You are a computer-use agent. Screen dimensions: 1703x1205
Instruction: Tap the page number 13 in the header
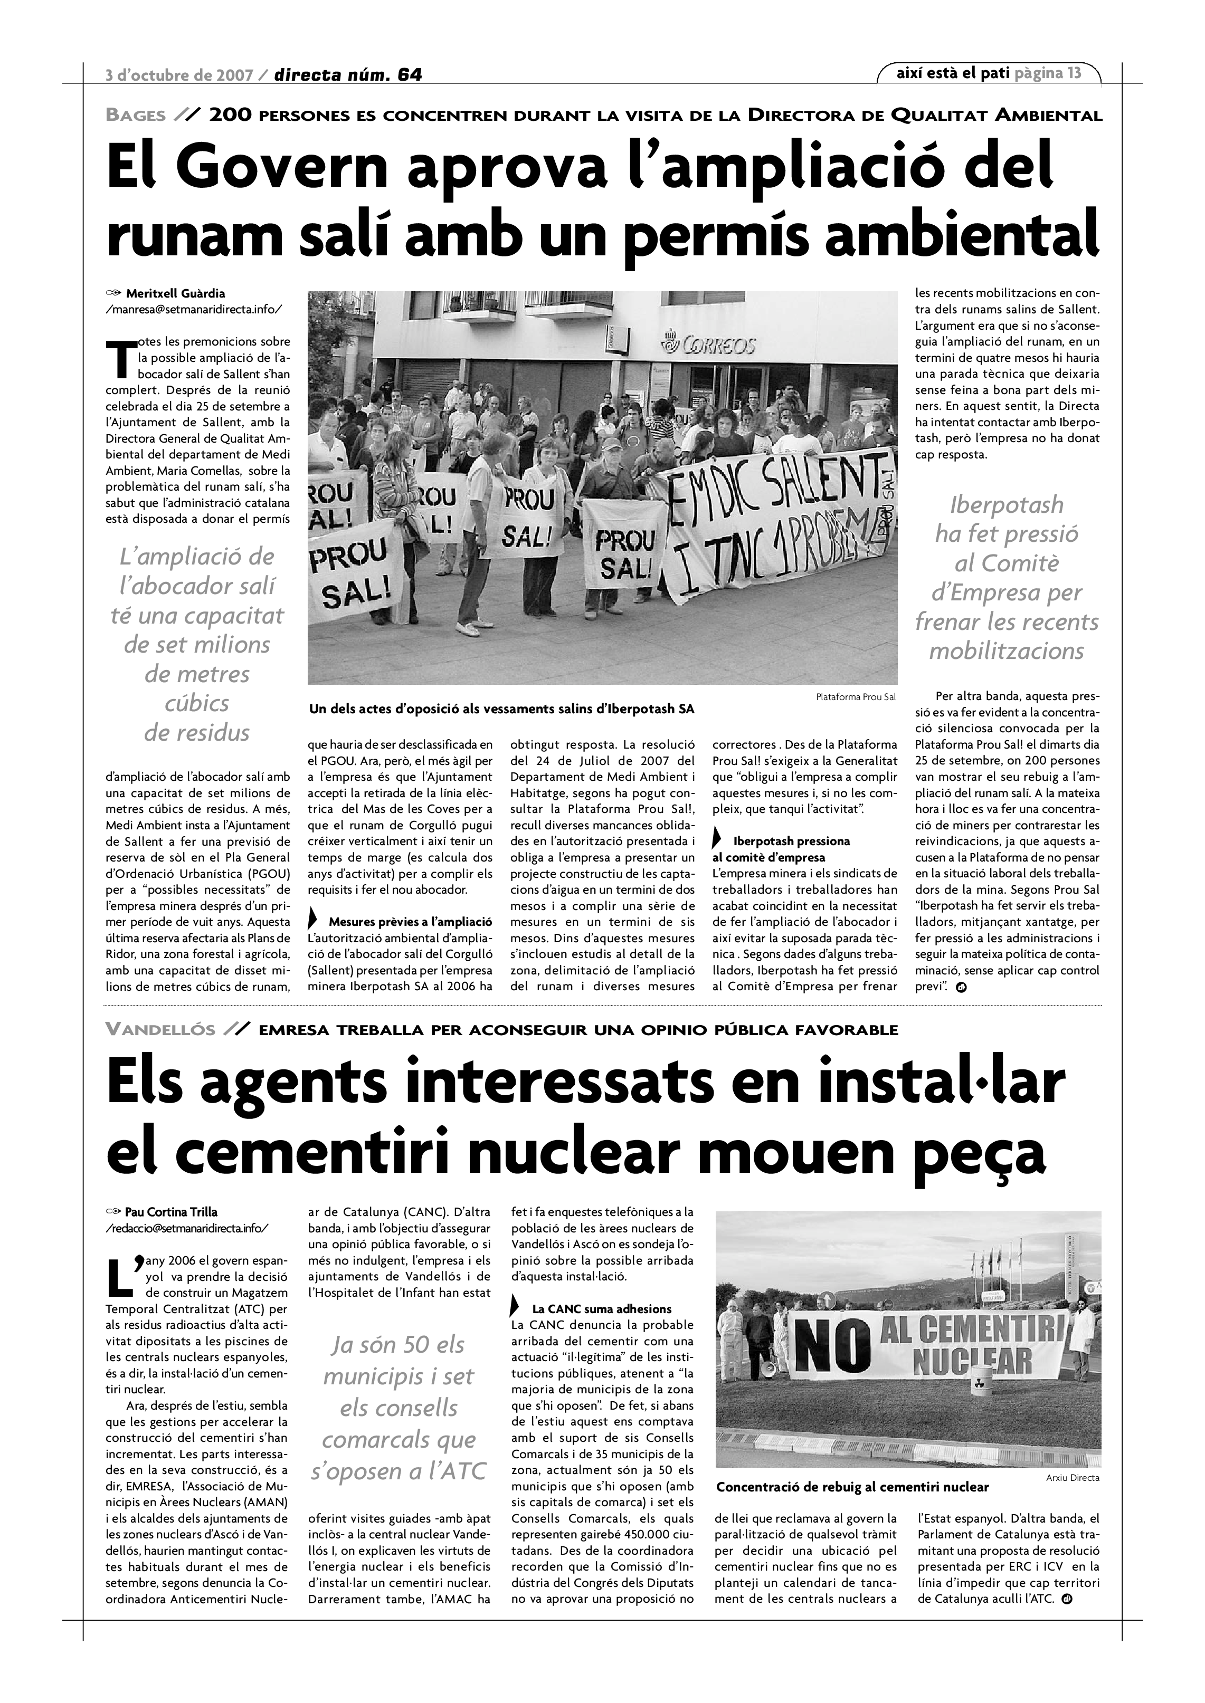(1074, 73)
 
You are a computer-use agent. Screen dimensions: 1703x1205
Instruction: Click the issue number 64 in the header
(409, 75)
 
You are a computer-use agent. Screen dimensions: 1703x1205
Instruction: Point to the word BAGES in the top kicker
(136, 116)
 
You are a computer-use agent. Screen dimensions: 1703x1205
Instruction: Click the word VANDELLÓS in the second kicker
(160, 1029)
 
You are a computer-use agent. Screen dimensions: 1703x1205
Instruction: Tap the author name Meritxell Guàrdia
(175, 293)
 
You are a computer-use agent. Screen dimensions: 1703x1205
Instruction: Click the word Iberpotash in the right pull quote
(1006, 505)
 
